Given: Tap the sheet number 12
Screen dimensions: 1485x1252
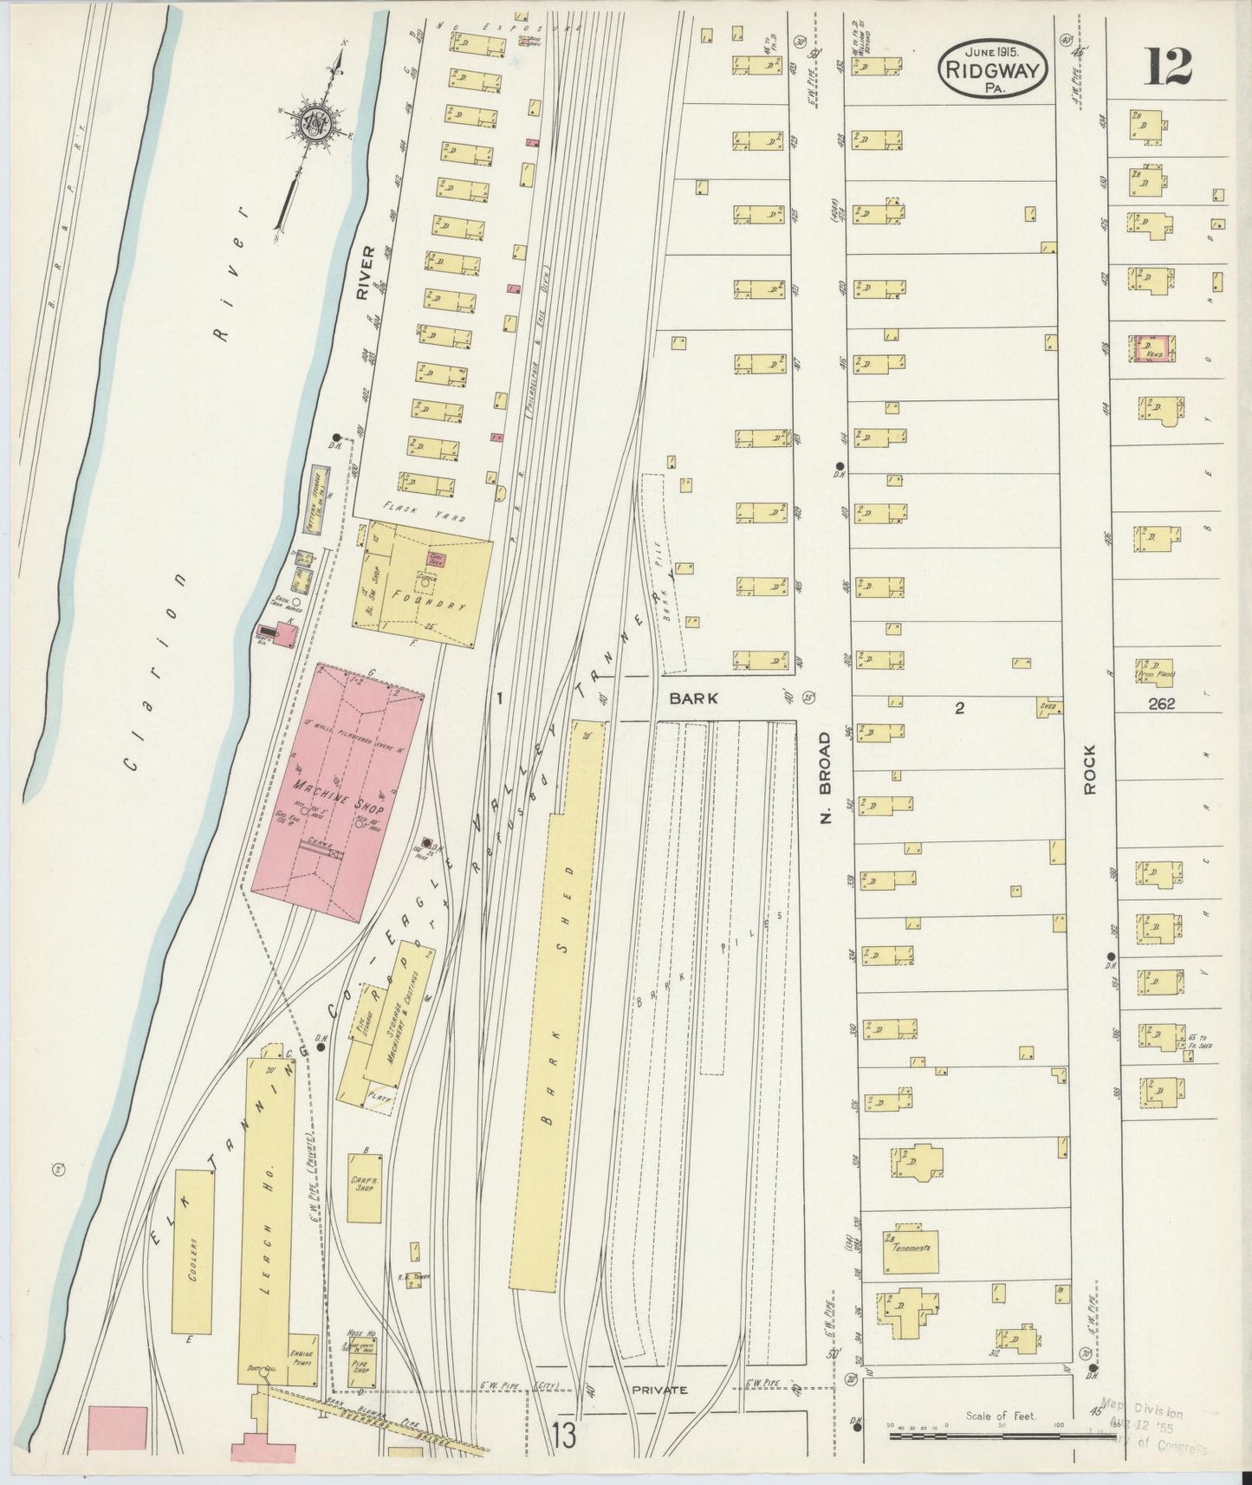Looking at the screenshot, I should [1169, 67].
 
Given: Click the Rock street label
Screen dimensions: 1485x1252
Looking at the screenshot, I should [1090, 769].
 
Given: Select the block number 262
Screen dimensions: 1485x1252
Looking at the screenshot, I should [1161, 704].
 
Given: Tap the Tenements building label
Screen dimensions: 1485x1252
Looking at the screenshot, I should [916, 1248].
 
